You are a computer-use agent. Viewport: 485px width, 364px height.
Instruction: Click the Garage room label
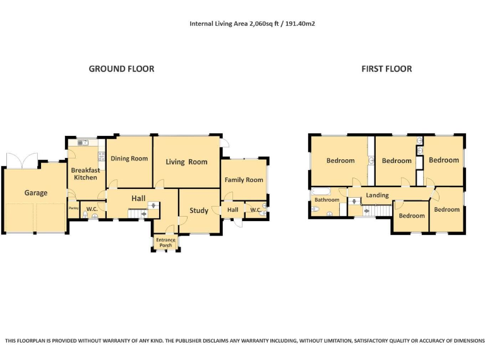pyautogui.click(x=36, y=193)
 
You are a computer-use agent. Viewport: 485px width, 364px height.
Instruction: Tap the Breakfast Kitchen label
pyautogui.click(x=85, y=174)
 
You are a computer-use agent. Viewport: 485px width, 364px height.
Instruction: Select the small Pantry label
pyautogui.click(x=74, y=209)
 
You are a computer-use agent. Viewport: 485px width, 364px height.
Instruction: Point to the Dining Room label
pyautogui.click(x=129, y=159)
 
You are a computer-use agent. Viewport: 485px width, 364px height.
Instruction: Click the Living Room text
pyautogui.click(x=186, y=162)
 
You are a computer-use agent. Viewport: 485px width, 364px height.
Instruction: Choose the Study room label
pyautogui.click(x=199, y=210)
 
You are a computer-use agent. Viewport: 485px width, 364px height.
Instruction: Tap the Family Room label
pyautogui.click(x=244, y=180)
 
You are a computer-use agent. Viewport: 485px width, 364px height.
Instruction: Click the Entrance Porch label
pyautogui.click(x=166, y=243)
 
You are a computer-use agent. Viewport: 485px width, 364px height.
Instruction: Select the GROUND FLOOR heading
pyautogui.click(x=121, y=69)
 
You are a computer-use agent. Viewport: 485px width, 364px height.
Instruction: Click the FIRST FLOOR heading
pyautogui.click(x=386, y=69)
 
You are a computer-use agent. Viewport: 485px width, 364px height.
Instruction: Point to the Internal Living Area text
pyautogui.click(x=252, y=24)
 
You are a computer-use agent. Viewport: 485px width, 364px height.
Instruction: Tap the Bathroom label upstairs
pyautogui.click(x=327, y=200)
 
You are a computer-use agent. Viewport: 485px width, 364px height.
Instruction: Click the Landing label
pyautogui.click(x=378, y=195)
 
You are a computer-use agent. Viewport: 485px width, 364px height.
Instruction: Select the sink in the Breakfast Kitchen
pyautogui.click(x=83, y=143)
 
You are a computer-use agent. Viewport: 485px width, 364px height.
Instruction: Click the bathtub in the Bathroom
pyautogui.click(x=321, y=191)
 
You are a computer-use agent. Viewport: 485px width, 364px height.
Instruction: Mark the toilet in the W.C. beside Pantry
pyautogui.click(x=85, y=214)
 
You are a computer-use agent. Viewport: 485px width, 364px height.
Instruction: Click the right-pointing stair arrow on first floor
pyautogui.click(x=366, y=211)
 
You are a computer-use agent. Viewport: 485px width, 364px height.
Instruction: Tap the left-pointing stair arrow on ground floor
pyautogui.click(x=143, y=214)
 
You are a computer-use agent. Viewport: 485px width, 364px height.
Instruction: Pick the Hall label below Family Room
pyautogui.click(x=232, y=210)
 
